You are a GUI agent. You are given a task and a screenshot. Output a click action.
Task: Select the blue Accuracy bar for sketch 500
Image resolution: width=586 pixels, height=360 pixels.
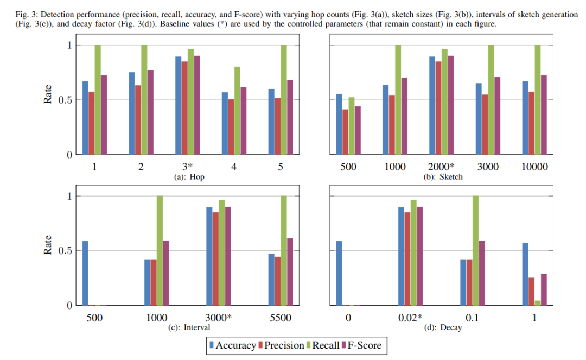coord(340,124)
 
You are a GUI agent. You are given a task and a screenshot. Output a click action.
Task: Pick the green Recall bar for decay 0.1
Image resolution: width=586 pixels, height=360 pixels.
coord(476,250)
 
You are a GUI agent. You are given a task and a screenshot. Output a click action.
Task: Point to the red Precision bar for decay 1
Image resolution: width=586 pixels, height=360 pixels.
coord(531,292)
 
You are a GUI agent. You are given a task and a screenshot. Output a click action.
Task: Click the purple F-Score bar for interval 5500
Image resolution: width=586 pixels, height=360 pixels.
coord(289,271)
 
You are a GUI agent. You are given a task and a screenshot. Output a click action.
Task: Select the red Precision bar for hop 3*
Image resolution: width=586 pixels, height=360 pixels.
coord(185,108)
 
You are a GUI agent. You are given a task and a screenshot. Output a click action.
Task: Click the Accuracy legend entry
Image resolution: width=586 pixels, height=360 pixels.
coord(231,345)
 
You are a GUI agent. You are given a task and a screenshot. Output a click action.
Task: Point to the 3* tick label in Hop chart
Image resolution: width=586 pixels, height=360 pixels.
coord(188,167)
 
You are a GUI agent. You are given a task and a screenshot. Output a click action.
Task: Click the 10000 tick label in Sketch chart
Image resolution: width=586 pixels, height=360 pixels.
coord(534,167)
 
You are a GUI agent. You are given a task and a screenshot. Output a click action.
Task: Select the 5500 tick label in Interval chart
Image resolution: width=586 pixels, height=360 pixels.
coord(280,318)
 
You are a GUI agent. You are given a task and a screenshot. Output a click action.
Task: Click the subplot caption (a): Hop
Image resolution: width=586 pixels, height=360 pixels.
coord(188,177)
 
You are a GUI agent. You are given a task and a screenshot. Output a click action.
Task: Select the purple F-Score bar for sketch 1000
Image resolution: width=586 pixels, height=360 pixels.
coord(404,116)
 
